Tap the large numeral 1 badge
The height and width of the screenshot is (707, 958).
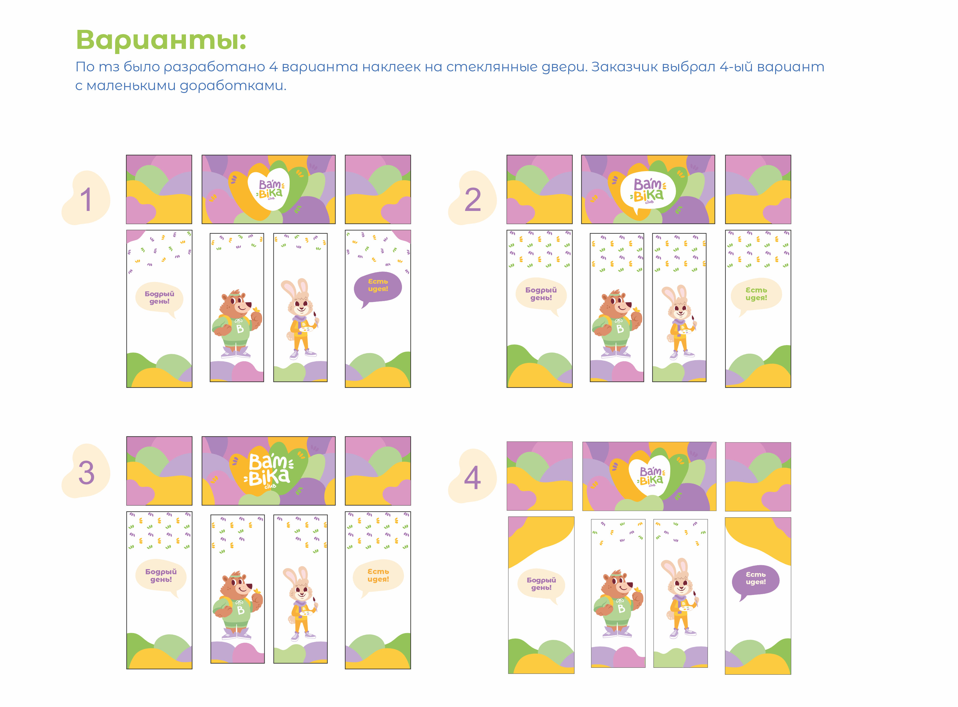click(86, 198)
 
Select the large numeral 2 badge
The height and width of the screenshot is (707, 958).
click(472, 198)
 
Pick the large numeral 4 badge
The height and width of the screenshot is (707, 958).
click(472, 476)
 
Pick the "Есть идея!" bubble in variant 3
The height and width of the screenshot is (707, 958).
click(378, 577)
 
